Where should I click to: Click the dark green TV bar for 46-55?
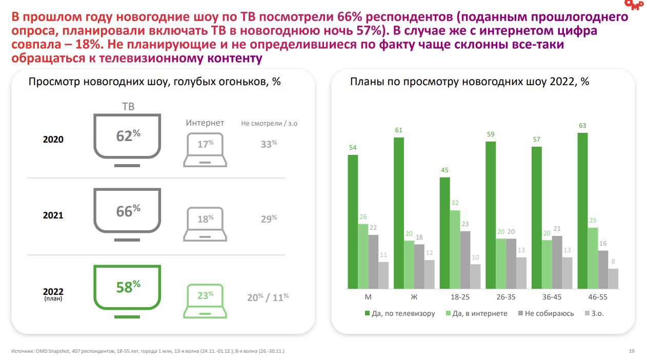582,211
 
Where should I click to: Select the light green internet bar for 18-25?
455,249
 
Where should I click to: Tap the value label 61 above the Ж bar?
398,130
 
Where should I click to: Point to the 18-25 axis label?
460,297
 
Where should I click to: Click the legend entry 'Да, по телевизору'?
400,313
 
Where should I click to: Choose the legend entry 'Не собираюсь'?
545,313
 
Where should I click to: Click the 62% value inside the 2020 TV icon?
128,136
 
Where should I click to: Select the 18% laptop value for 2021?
205,219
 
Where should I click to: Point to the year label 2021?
53,215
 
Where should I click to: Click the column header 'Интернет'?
205,123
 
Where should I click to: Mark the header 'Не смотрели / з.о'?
269,124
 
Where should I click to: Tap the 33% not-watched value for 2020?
268,145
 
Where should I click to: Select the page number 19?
631,351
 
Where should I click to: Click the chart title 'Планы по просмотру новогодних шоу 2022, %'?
469,82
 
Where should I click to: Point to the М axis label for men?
368,297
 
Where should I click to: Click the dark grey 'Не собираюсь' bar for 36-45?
557,262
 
